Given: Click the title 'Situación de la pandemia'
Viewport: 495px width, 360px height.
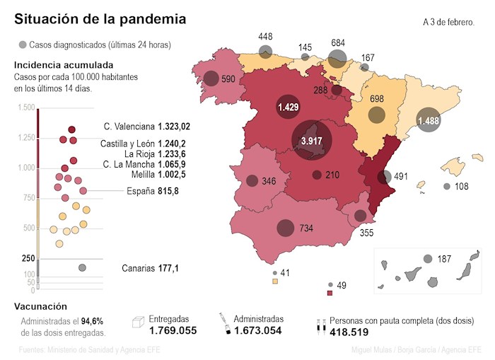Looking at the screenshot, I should [x=100, y=20].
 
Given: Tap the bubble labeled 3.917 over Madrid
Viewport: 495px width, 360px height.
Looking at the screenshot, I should [x=311, y=141].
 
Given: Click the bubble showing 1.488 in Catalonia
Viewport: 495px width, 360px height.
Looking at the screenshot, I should [x=429, y=122].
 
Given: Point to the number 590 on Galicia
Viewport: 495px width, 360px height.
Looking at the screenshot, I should [x=228, y=80].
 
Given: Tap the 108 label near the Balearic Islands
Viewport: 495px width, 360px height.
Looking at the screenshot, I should [x=462, y=187].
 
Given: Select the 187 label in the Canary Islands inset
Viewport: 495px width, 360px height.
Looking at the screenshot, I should [x=444, y=260].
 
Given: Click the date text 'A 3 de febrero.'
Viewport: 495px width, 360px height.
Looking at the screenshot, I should [x=448, y=22].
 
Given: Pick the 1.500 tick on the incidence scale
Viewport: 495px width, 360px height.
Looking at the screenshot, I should [x=26, y=108].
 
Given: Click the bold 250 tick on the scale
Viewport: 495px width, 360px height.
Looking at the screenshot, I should [x=28, y=259].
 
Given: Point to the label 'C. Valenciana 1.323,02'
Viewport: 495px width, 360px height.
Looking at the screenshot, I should [x=147, y=127].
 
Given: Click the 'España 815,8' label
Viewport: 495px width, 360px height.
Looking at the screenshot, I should [x=152, y=191].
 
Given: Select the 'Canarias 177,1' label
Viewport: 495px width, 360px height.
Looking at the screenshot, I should [x=150, y=268].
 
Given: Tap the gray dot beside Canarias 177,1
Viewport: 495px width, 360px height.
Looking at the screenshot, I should [x=82, y=267].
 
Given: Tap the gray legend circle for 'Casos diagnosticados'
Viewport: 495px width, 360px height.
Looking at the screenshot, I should [x=23, y=45].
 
